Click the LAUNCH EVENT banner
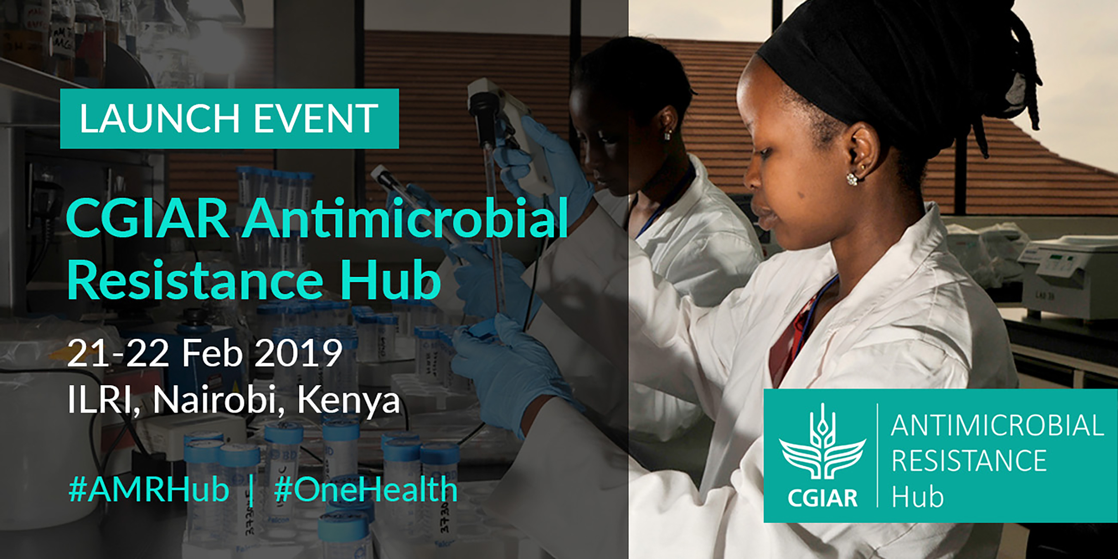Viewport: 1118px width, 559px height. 229,118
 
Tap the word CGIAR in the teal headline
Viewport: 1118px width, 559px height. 147,218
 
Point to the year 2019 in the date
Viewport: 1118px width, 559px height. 298,353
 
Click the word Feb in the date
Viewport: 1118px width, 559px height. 212,353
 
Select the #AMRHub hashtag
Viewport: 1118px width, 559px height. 149,489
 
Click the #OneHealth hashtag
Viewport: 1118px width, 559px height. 366,489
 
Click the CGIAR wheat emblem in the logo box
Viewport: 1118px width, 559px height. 822,443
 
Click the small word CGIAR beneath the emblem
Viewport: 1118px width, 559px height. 822,497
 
